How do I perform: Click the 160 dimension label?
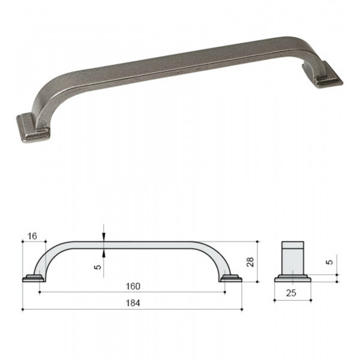pos(133,286)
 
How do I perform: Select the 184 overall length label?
pos(133,303)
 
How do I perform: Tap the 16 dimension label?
pos(32,236)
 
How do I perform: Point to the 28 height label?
pos(250,262)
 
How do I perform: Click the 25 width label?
pos(291,293)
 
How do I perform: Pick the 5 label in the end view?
pos(329,262)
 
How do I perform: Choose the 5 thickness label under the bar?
pos(98,267)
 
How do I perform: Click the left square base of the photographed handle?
pos(32,128)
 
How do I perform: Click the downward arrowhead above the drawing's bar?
pos(104,237)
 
